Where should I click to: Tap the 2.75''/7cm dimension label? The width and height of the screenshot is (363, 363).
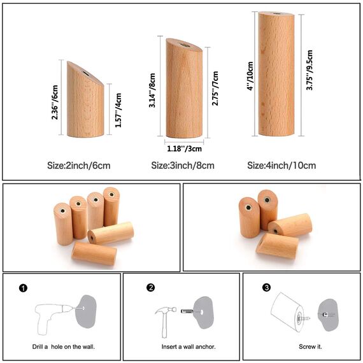216,87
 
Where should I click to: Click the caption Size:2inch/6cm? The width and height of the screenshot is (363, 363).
79,166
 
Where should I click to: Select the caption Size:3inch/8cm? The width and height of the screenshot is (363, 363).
183,166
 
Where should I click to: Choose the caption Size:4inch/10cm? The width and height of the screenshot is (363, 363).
281,166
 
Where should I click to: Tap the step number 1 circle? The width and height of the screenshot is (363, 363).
24,288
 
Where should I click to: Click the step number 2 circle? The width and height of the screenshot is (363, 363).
151,288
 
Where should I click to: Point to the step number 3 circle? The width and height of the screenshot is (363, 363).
266,288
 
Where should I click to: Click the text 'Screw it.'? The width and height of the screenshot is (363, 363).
311,347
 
